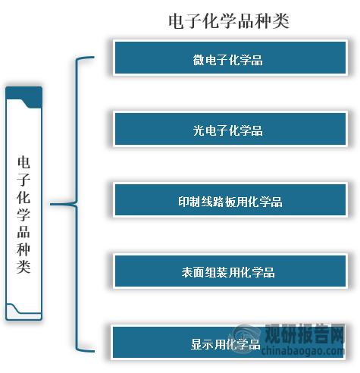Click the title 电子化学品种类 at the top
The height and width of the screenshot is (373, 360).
pyautogui.click(x=229, y=21)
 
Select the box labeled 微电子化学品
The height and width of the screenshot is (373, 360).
pyautogui.click(x=230, y=58)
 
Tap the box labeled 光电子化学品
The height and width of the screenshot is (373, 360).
pyautogui.click(x=230, y=129)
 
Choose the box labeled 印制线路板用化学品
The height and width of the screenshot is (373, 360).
pyautogui.click(x=230, y=200)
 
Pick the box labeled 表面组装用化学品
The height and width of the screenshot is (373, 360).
pyautogui.click(x=230, y=271)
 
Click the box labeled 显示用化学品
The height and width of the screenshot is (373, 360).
pyautogui.click(x=228, y=342)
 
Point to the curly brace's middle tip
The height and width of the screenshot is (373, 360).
pyautogui.click(x=51, y=204)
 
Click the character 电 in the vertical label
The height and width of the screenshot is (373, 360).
pyautogui.click(x=23, y=162)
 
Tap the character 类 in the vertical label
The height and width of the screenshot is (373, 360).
pyautogui.click(x=23, y=266)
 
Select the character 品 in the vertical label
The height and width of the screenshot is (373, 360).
pyautogui.click(x=23, y=232)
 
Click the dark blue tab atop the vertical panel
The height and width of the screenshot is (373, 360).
pyautogui.click(x=24, y=96)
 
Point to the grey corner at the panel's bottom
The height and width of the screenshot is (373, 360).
pyautogui.click(x=23, y=312)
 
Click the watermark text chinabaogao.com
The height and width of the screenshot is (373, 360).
pyautogui.click(x=302, y=351)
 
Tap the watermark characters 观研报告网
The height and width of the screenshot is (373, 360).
pyautogui.click(x=305, y=334)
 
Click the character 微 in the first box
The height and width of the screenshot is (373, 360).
pyautogui.click(x=199, y=60)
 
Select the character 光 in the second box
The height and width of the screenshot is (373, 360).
pyautogui.click(x=199, y=130)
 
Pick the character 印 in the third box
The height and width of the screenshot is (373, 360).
pyautogui.click(x=183, y=202)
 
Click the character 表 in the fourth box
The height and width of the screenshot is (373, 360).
pyautogui.click(x=187, y=272)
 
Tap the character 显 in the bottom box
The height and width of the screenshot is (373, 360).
pyautogui.click(x=196, y=344)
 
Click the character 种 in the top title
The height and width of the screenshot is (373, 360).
pyautogui.click(x=263, y=21)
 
